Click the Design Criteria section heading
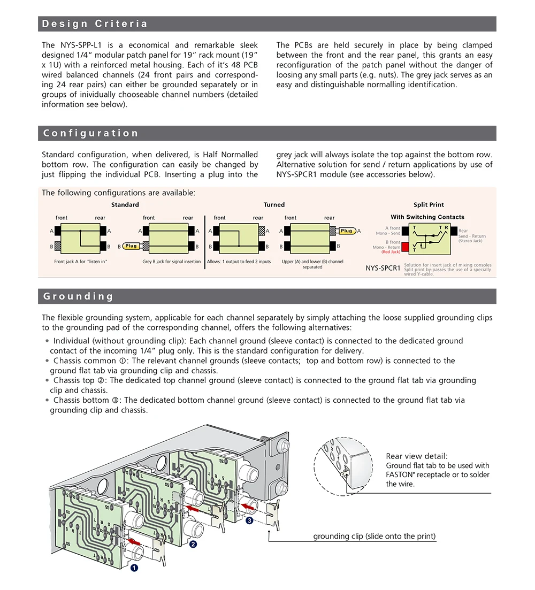click(95, 24)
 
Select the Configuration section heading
click(90, 133)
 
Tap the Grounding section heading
click(79, 296)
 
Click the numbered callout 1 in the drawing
click(134, 568)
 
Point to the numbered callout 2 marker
click(193, 545)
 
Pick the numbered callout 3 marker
click(249, 520)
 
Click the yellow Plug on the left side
click(132, 246)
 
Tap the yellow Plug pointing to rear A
click(347, 231)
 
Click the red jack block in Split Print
click(406, 247)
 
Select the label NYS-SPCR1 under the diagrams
click(383, 268)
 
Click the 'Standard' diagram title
click(125, 205)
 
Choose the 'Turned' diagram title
click(274, 205)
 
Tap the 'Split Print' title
click(429, 205)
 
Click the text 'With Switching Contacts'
click(427, 217)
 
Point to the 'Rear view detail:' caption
click(416, 456)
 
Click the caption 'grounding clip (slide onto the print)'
click(374, 536)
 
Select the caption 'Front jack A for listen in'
click(81, 262)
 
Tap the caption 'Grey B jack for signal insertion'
click(172, 262)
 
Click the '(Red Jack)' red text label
click(391, 252)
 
